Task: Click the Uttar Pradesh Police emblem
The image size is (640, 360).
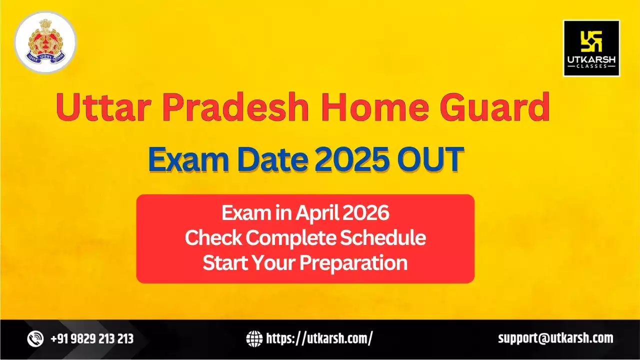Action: [x=45, y=41]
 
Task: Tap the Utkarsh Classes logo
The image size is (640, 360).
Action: [x=591, y=48]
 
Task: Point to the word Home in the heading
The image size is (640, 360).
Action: [x=376, y=108]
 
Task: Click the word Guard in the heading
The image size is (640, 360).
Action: [x=495, y=108]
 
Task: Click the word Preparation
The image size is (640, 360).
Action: [x=353, y=263]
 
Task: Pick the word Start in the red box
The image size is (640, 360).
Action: [x=223, y=262]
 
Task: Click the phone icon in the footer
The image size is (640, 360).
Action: [x=35, y=339]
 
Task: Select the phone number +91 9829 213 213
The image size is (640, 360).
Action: [x=92, y=339]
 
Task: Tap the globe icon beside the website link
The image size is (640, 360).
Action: [x=254, y=339]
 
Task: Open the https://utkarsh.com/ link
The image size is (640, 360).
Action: [x=319, y=339]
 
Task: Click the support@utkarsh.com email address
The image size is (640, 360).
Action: [x=555, y=338]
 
